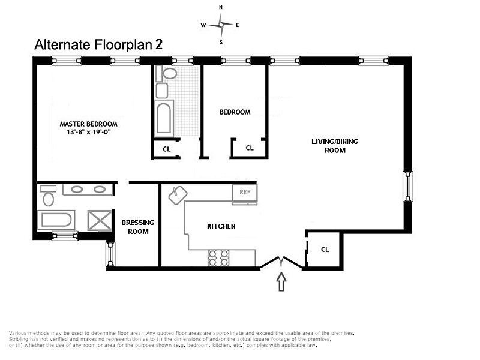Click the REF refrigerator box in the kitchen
tap(245, 193)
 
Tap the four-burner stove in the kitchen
tap(218, 258)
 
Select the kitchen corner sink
tap(178, 195)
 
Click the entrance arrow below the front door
tap(281, 281)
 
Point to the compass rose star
tap(221, 25)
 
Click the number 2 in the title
tap(158, 44)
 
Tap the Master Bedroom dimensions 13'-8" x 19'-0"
tap(88, 132)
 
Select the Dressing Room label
tap(138, 227)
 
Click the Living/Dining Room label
tap(335, 146)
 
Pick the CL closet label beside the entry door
tap(325, 250)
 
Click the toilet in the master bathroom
tap(48, 196)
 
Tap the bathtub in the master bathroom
tap(56, 220)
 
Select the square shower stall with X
tap(100, 220)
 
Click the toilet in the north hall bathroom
tap(167, 73)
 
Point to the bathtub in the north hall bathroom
tap(164, 118)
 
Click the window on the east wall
tap(407, 186)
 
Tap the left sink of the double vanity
tap(77, 190)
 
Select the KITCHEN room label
tap(221, 226)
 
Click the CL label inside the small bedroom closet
tap(250, 148)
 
